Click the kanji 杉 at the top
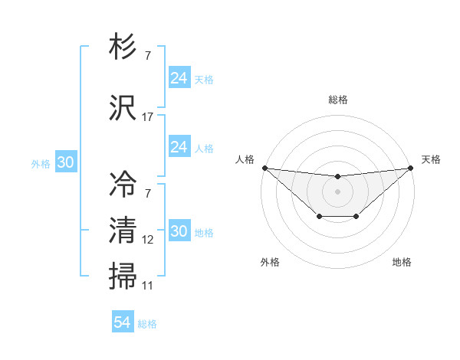click(123, 47)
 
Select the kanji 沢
click(123, 107)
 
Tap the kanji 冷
click(123, 183)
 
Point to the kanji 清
click(123, 230)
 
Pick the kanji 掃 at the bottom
click(123, 276)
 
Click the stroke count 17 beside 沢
click(148, 118)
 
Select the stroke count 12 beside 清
click(148, 241)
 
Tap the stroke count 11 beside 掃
click(148, 286)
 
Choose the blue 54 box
click(123, 322)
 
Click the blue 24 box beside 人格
click(179, 147)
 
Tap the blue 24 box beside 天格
click(179, 78)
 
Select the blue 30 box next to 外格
click(65, 162)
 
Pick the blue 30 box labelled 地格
click(179, 231)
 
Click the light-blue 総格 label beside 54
click(147, 324)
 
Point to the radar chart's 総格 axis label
click(338, 100)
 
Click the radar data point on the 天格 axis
click(411, 168)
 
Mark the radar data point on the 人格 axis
click(264, 168)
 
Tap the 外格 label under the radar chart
click(270, 262)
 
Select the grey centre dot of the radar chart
click(337, 191)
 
